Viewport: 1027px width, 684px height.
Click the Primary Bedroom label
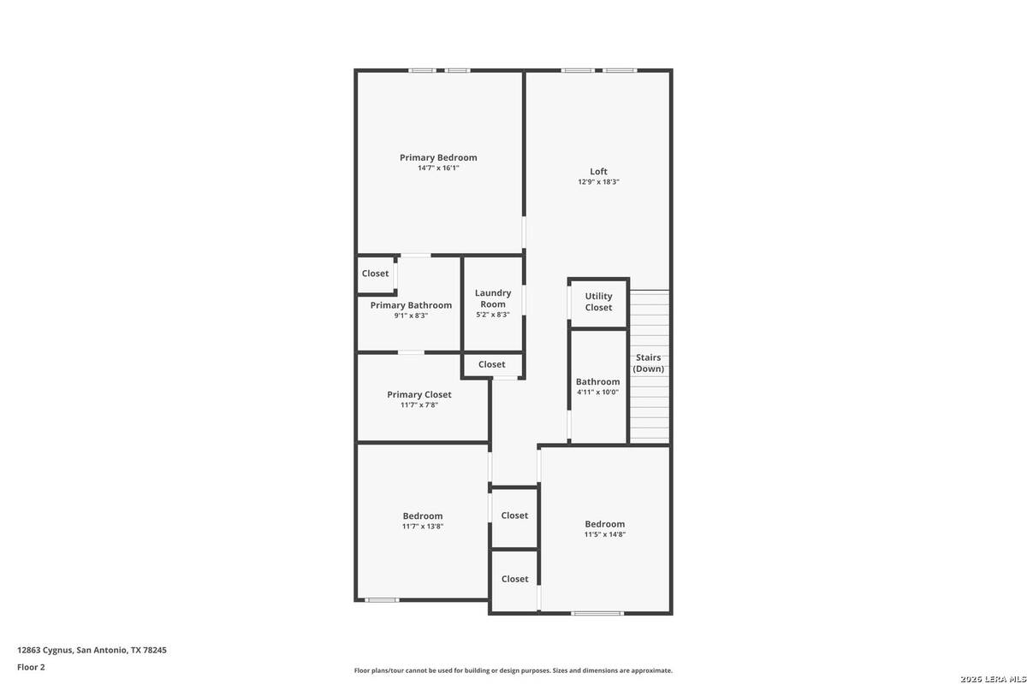(x=438, y=157)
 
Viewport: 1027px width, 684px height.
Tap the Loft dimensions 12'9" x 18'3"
(x=598, y=182)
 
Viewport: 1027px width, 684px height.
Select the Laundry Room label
(x=493, y=298)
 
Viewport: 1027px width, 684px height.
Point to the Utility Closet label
(x=598, y=302)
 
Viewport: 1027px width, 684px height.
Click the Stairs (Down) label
(x=649, y=363)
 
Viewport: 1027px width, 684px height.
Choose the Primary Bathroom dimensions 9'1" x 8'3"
(x=411, y=315)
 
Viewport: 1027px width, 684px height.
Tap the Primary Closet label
(x=419, y=394)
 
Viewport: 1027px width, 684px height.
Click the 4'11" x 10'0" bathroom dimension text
(x=598, y=392)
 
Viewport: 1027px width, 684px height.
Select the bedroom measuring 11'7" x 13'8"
(x=422, y=516)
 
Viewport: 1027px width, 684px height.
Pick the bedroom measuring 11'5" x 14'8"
(x=605, y=524)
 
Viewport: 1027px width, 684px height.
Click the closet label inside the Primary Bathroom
(x=375, y=274)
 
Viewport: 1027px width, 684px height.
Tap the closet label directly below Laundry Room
(x=491, y=364)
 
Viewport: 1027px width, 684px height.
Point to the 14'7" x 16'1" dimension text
(x=438, y=168)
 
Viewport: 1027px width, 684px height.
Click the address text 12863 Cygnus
(x=45, y=650)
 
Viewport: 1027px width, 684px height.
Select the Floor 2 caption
(x=31, y=667)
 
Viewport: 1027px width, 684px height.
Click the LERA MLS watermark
(x=993, y=679)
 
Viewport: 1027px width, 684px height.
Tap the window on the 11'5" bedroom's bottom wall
(x=597, y=613)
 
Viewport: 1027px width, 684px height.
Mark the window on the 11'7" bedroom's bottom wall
(x=382, y=600)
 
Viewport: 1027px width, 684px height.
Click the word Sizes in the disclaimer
(x=561, y=670)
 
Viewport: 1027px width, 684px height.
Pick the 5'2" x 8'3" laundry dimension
(x=493, y=315)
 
